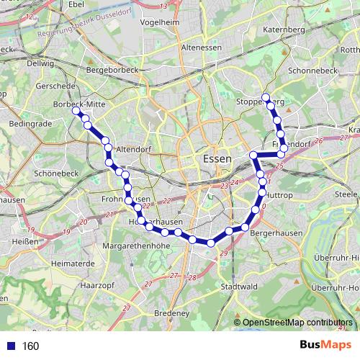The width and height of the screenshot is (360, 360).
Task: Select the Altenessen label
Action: pyautogui.click(x=202, y=48)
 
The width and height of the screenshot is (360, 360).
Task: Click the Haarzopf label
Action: pyautogui.click(x=95, y=284)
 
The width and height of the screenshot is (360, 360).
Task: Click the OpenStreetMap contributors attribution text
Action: pyautogui.click(x=296, y=323)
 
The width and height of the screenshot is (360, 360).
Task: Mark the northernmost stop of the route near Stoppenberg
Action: pyautogui.click(x=265, y=97)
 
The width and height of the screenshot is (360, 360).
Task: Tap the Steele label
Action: pyautogui.click(x=346, y=194)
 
